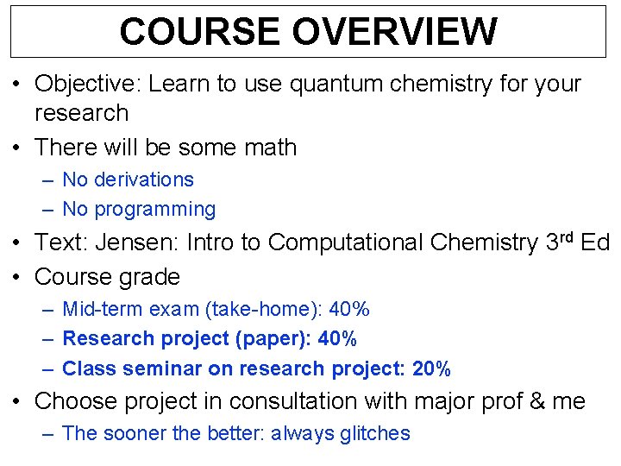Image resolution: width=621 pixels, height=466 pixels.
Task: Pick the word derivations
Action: pos(144,179)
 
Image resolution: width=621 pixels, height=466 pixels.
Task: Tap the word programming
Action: pos(155,209)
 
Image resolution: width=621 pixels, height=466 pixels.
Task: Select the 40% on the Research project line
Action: pos(337,338)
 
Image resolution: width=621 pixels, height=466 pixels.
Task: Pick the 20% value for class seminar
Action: pos(431,368)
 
